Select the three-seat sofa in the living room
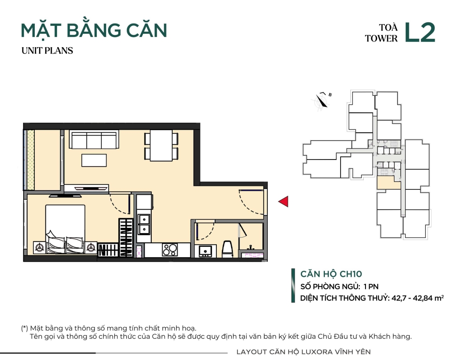(x=94, y=140)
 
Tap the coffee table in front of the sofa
(x=94, y=160)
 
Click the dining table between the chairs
(x=161, y=145)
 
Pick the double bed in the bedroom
(x=65, y=229)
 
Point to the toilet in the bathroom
(x=227, y=249)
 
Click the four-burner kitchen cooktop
(x=170, y=250)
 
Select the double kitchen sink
(x=144, y=225)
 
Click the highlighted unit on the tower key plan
(x=388, y=183)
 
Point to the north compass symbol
(x=322, y=101)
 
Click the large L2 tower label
(x=420, y=33)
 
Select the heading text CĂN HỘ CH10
(x=331, y=274)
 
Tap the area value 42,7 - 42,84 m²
(x=418, y=298)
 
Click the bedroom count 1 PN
(x=371, y=287)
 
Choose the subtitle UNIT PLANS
(x=47, y=51)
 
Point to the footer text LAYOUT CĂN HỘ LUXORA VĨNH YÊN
(x=303, y=352)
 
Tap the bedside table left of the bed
(x=39, y=248)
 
